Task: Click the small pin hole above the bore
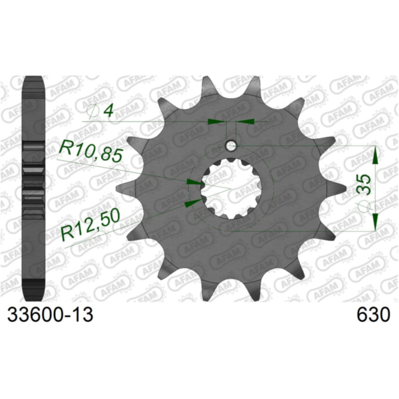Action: (x=230, y=146)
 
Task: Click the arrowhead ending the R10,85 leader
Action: (x=194, y=181)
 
